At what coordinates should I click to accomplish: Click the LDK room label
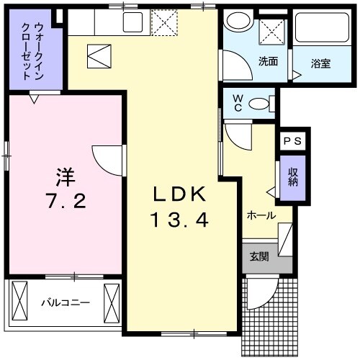tap(179, 194)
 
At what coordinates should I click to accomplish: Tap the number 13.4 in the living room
tap(179, 220)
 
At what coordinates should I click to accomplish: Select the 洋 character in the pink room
tap(66, 176)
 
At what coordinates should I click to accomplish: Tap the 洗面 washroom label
tap(268, 62)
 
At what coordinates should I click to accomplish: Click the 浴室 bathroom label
tap(320, 63)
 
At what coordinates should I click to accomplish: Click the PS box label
tap(293, 142)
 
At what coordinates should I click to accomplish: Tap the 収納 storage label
tap(293, 176)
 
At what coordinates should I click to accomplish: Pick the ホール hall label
tap(260, 215)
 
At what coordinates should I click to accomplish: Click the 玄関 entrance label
tap(260, 257)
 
